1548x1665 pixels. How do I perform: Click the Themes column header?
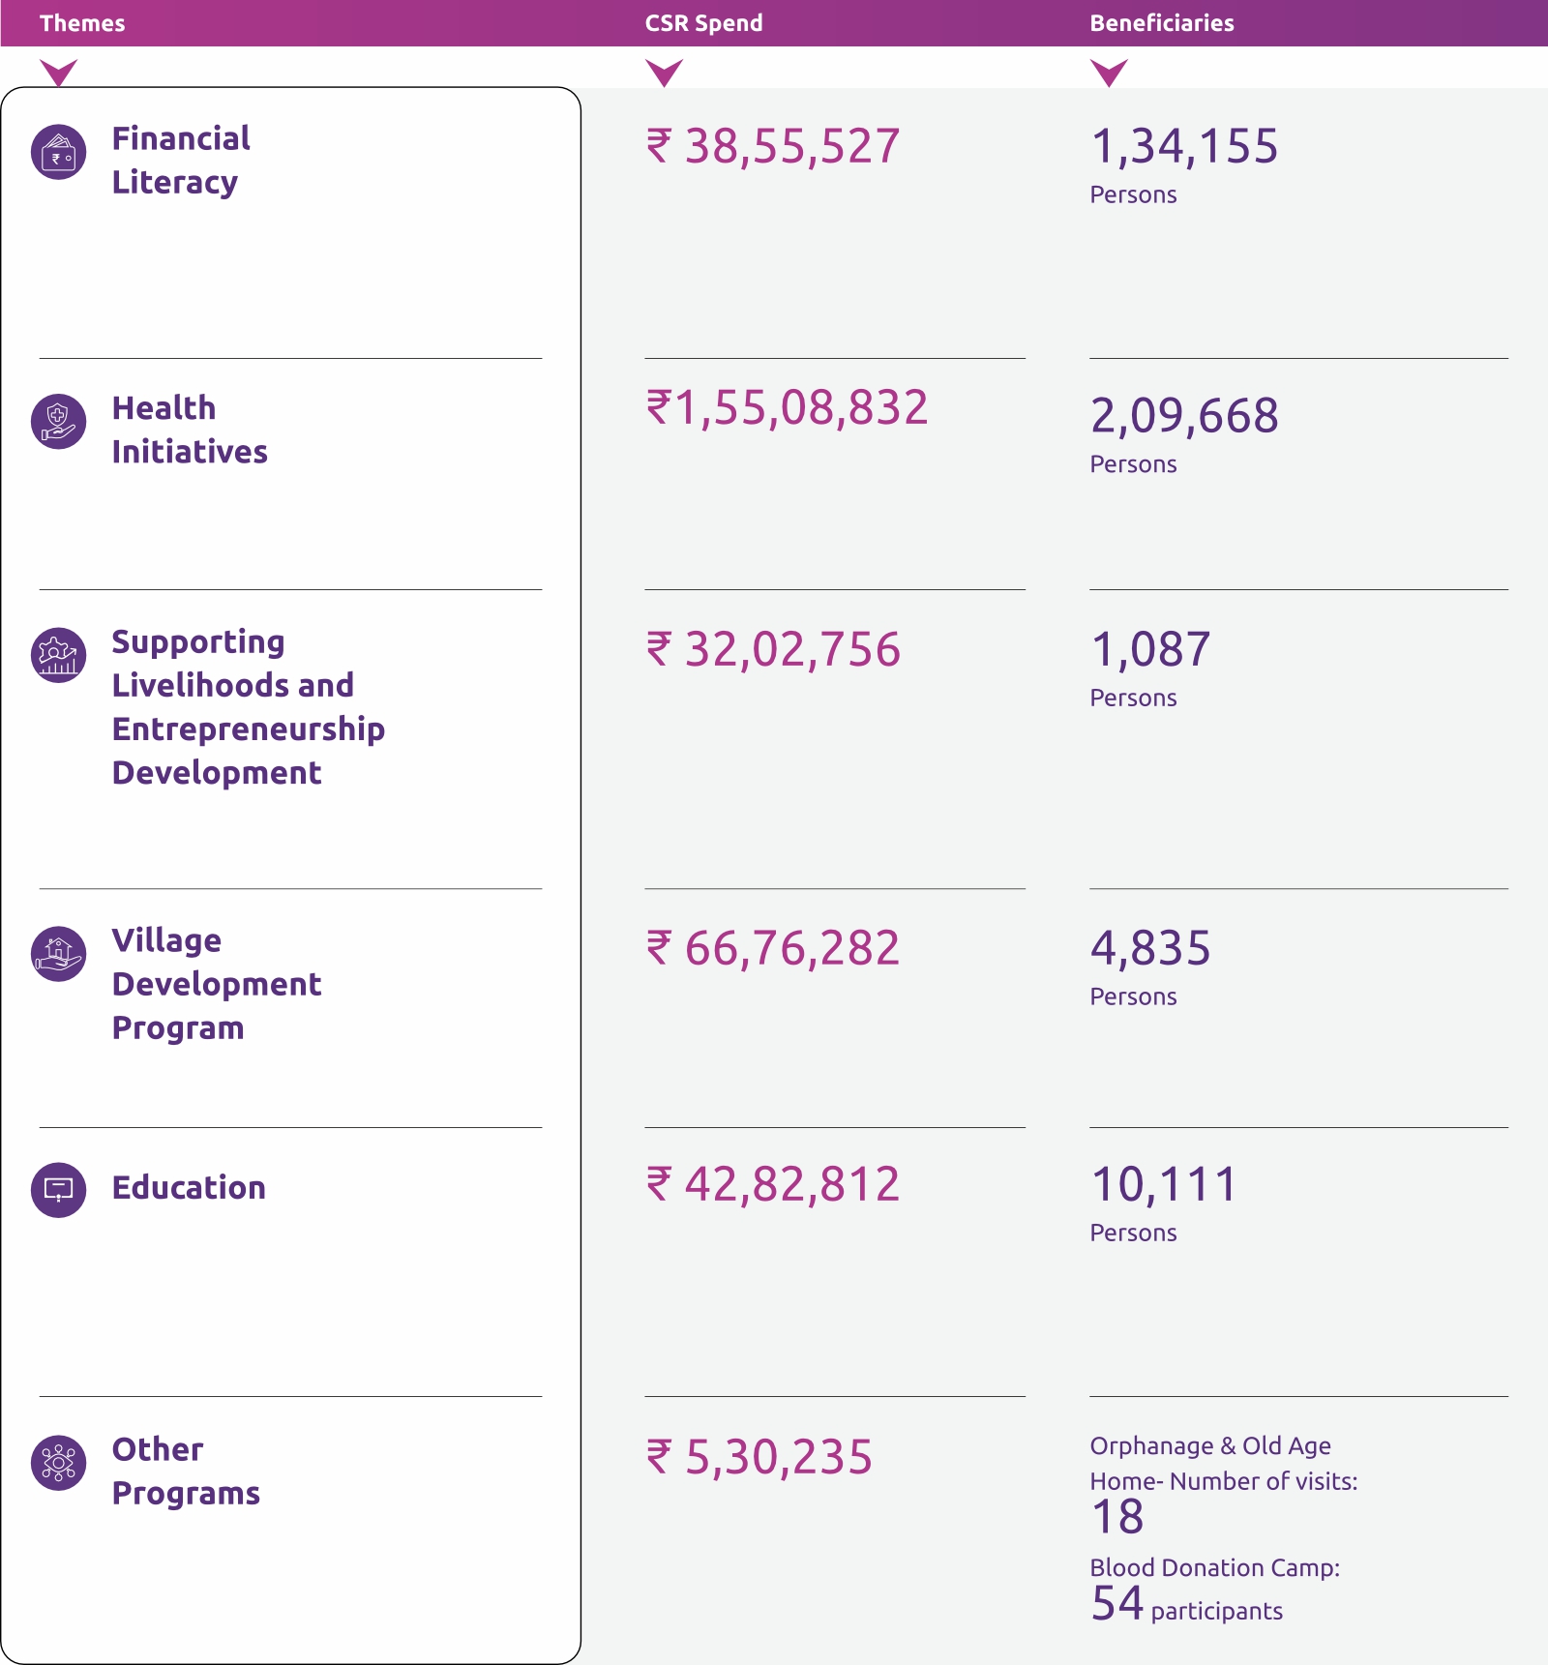[x=82, y=23]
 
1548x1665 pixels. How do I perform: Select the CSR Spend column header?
[x=703, y=23]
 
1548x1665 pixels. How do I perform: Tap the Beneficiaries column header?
[x=1161, y=23]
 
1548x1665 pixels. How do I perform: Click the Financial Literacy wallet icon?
[x=59, y=153]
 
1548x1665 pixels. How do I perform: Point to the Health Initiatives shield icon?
[x=59, y=422]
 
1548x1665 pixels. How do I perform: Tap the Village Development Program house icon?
[x=59, y=954]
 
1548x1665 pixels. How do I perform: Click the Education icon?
[x=59, y=1190]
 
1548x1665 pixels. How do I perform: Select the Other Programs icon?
[x=59, y=1463]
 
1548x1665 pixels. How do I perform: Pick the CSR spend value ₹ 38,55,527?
[x=773, y=147]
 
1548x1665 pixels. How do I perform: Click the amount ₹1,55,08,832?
[x=787, y=408]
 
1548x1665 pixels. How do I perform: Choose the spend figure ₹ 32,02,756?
[x=773, y=649]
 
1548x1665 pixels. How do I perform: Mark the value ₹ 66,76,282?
[x=773, y=948]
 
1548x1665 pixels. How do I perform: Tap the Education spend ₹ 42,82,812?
[x=773, y=1185]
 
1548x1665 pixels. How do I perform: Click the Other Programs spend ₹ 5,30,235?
[x=759, y=1457]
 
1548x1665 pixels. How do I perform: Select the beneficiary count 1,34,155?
[x=1184, y=147]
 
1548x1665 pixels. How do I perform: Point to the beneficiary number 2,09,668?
[x=1184, y=416]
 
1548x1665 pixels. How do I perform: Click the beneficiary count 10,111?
[x=1164, y=1185]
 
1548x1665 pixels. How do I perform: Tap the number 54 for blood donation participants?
[x=1117, y=1603]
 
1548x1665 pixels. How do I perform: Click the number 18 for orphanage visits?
[x=1117, y=1517]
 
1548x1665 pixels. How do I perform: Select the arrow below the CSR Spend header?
[x=664, y=73]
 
